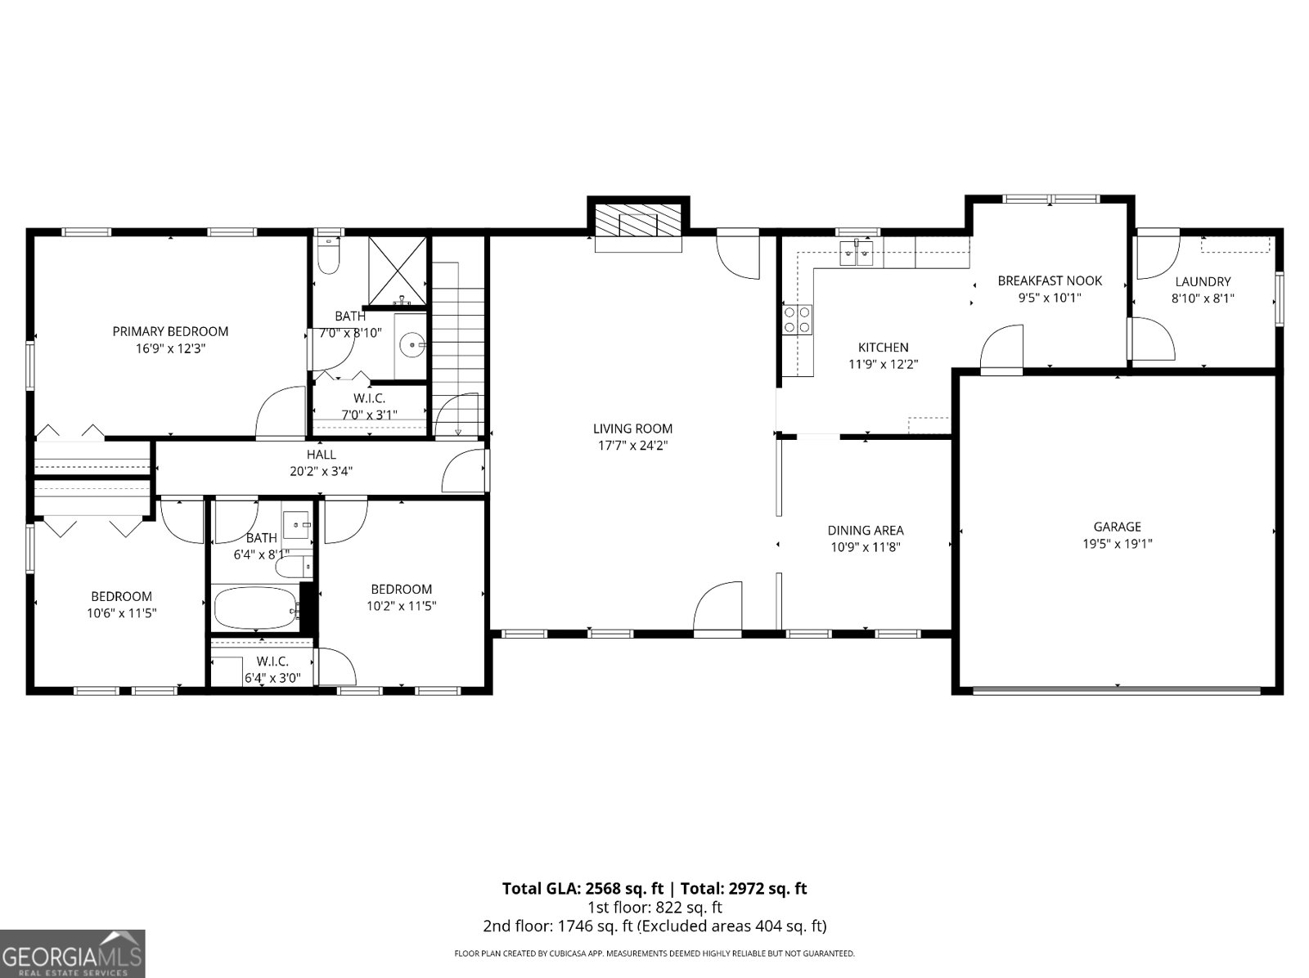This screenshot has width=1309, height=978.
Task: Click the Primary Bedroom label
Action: [170, 331]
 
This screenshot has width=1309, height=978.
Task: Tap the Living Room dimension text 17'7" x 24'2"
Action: [632, 446]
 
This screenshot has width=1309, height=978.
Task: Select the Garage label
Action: [1117, 527]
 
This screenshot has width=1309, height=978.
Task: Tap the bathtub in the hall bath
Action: [255, 608]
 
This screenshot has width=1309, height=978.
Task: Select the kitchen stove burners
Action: [798, 320]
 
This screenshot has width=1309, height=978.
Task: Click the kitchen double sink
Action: [857, 253]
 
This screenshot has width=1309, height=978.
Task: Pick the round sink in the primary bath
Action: [411, 345]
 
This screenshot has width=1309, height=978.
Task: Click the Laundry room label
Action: [1203, 281]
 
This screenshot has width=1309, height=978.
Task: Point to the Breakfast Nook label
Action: [1050, 280]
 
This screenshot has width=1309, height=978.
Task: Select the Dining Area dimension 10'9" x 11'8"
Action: [865, 548]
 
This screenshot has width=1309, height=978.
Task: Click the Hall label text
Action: [321, 455]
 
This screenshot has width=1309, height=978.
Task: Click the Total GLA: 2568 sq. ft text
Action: [582, 888]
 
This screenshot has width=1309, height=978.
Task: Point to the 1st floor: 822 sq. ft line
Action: [654, 907]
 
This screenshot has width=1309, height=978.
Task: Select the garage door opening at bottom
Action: [1117, 691]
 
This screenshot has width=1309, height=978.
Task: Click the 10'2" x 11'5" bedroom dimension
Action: [401, 606]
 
